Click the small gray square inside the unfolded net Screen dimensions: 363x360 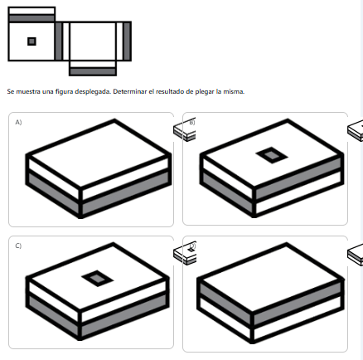[31, 41]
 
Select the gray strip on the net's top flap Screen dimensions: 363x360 [31, 18]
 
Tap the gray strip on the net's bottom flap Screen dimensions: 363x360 [93, 71]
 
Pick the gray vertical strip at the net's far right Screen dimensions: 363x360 [127, 41]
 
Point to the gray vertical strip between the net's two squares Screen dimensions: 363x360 [58, 41]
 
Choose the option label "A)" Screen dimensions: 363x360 [18, 122]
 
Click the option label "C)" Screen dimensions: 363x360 [18, 246]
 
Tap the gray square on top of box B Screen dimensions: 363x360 [272, 155]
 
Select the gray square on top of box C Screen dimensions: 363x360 [98, 278]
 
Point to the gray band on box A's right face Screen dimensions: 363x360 [125, 193]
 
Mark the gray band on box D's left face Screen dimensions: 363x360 [225, 302]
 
